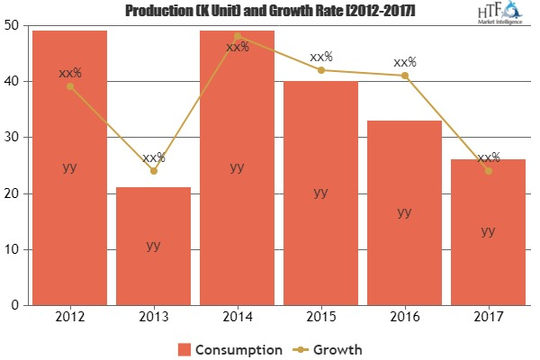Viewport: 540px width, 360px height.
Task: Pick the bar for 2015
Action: (321, 193)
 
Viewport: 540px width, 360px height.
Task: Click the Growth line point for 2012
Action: (70, 86)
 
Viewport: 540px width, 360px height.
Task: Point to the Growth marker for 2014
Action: (238, 36)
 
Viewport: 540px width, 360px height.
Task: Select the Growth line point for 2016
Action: (404, 76)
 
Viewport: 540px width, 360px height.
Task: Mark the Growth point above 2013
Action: (154, 171)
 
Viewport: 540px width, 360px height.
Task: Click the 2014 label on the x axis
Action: (238, 317)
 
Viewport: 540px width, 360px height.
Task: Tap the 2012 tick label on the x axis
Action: (70, 317)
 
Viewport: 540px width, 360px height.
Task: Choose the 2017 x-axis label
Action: (488, 317)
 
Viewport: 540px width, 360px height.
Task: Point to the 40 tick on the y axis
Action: (15, 81)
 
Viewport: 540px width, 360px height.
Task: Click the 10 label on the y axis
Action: (15, 249)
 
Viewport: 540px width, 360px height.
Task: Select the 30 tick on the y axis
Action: (15, 138)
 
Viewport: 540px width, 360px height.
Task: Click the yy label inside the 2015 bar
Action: (321, 192)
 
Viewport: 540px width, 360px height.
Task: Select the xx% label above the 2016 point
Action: (404, 62)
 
